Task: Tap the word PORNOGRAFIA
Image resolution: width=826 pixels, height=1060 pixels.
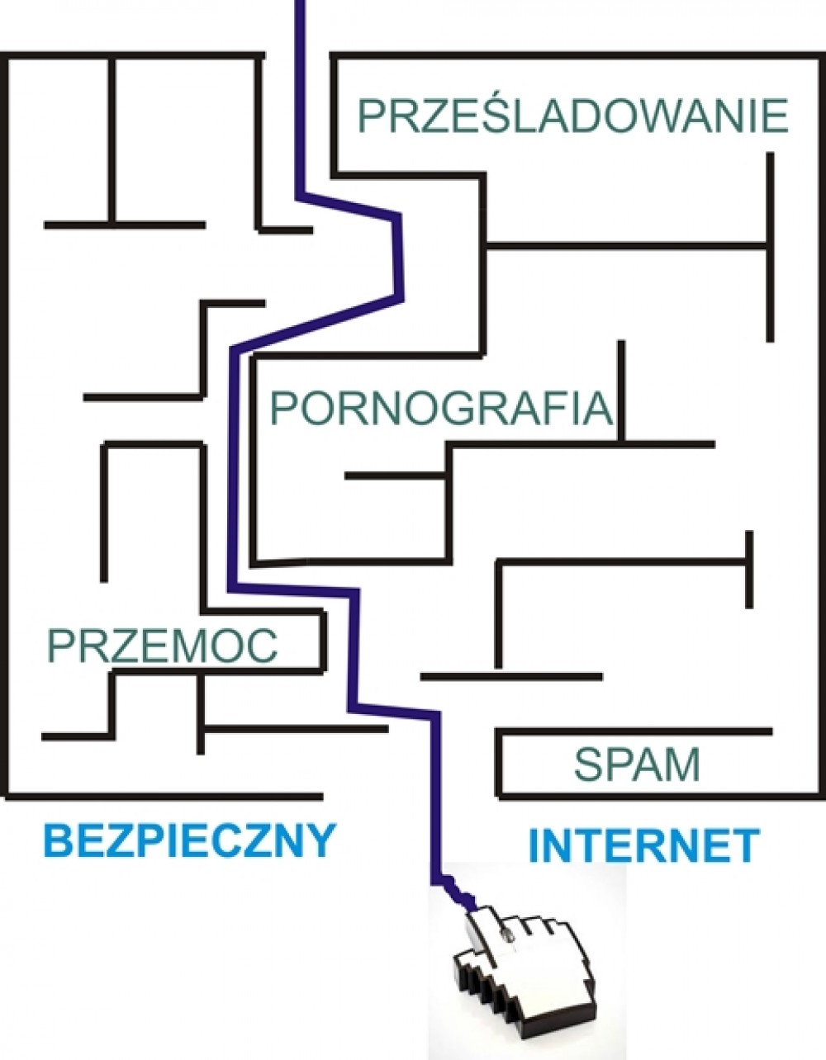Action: pos(441,408)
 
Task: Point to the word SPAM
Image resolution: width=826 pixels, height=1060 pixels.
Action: pos(637,764)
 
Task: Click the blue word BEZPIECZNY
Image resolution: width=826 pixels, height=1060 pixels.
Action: pos(189,841)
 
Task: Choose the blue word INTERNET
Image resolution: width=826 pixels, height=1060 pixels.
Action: pos(643,845)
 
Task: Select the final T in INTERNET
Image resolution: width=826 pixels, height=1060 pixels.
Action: pos(745,845)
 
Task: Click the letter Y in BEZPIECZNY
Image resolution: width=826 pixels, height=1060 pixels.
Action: pos(320,841)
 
